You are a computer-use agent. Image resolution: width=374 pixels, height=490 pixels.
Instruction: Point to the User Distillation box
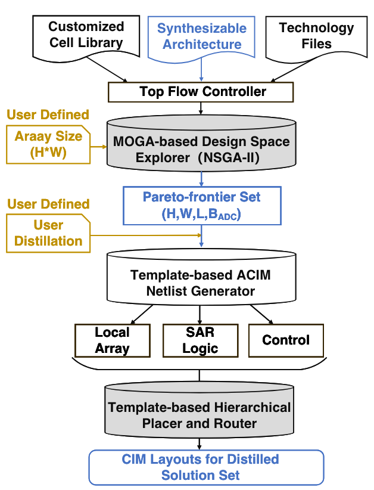(x=48, y=234)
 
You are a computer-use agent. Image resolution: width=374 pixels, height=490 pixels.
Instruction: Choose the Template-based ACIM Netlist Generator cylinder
(x=201, y=280)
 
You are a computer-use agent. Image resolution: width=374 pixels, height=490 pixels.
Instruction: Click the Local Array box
(x=111, y=340)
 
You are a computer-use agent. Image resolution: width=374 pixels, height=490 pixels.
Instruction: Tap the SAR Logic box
(x=200, y=340)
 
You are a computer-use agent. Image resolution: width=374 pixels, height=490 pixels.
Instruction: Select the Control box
(x=286, y=340)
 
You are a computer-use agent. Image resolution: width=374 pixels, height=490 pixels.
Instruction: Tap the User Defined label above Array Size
(x=48, y=114)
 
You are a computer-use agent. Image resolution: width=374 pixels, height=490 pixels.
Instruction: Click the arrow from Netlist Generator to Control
(x=265, y=315)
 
